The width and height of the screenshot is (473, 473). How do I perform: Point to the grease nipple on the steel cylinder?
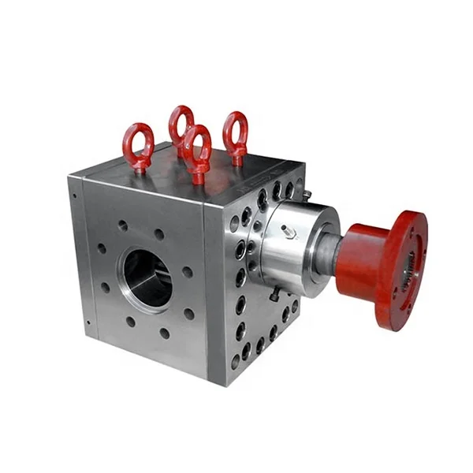(289, 231)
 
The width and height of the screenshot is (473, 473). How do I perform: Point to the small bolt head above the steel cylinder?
(304, 193)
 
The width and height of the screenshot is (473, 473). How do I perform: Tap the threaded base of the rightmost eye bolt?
(236, 160)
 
